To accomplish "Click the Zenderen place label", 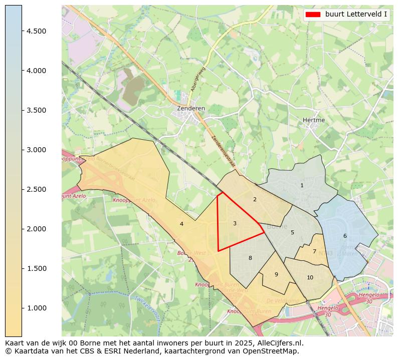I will (191, 108).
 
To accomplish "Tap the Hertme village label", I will (314, 120).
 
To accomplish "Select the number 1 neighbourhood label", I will (302, 186).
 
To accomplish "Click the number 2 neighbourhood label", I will (255, 200).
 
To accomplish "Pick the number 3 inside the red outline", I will (235, 223).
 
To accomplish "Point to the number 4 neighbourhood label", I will (181, 224).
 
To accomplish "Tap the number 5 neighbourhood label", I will (292, 232).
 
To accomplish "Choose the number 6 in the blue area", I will (345, 236).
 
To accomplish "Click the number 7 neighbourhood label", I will (314, 252).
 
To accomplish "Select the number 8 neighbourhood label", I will (250, 258).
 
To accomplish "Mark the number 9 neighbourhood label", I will (276, 274).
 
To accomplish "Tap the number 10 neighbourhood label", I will (310, 277).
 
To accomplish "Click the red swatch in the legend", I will (312, 15).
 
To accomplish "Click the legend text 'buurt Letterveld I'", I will (356, 15).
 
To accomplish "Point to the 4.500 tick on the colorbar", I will (36, 31).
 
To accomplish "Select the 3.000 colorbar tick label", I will (36, 150).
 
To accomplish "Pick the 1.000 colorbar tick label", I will (36, 308).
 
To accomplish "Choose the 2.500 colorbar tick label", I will (36, 189).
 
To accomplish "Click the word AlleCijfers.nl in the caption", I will (278, 343).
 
